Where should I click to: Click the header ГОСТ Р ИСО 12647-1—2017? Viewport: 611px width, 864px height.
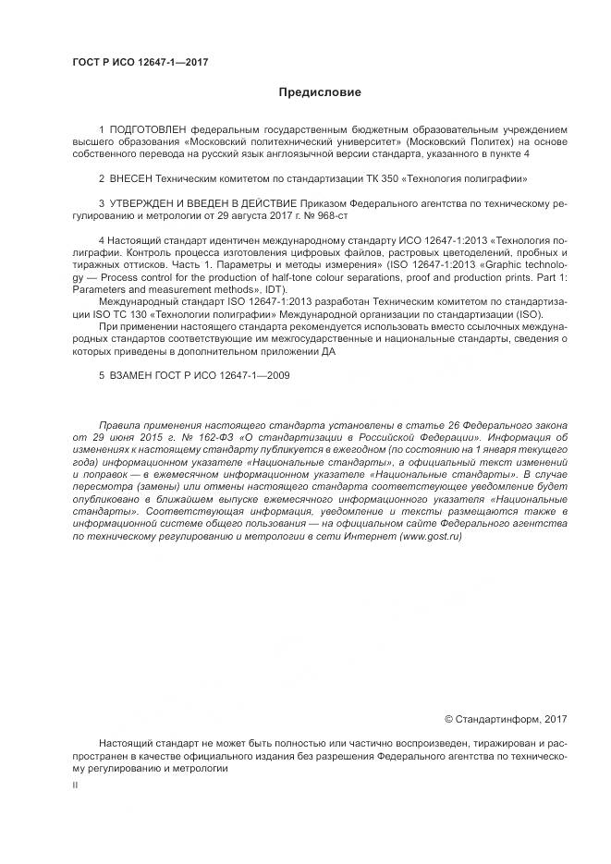coord(140,62)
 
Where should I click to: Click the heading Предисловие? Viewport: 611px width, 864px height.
coord(320,92)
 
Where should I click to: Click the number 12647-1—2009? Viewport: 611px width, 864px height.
coord(238,373)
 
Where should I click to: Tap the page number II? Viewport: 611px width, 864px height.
coord(75,785)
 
